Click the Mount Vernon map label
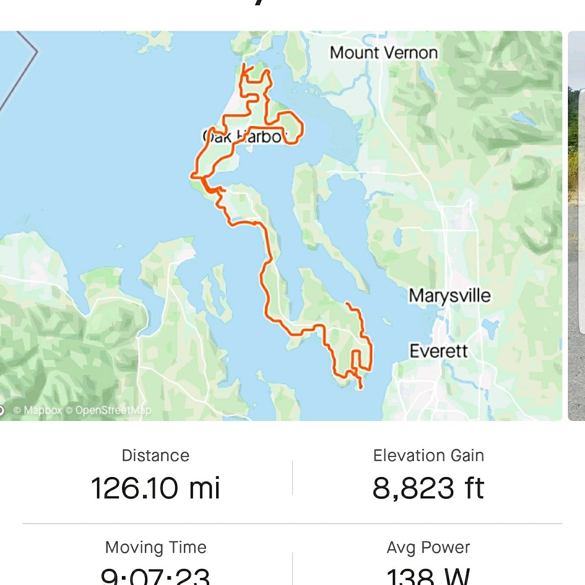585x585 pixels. coord(383,53)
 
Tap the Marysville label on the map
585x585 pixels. coord(449,295)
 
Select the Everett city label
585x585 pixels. coord(438,351)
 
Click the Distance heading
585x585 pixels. coord(156,455)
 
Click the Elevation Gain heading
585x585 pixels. coord(429,455)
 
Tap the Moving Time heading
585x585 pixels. coord(156,547)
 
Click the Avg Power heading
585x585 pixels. coord(429,547)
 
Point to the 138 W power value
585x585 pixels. coord(429,576)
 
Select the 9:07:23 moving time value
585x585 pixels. coord(156,576)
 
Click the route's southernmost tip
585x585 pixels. coord(360,388)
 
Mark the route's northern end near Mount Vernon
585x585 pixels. coord(243,65)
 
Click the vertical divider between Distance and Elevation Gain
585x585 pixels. coord(292,478)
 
